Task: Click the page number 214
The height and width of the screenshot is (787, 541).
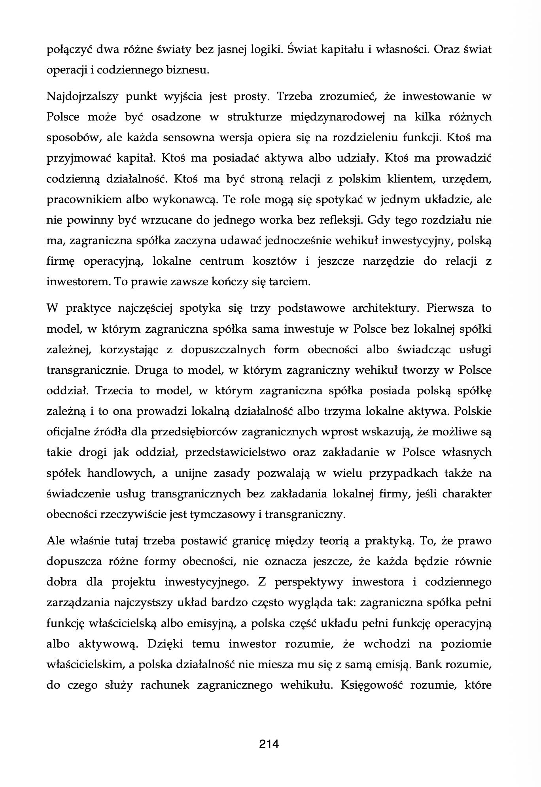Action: (269, 744)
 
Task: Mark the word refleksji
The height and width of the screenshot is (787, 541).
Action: (340, 220)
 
